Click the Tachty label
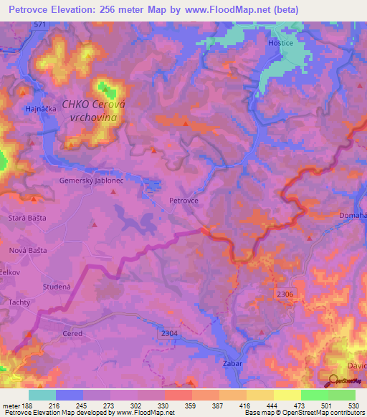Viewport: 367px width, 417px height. coord(19,303)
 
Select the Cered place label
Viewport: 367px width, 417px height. coord(72,333)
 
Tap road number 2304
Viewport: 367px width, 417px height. coord(169,333)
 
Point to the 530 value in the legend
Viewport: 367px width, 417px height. coord(353,406)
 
